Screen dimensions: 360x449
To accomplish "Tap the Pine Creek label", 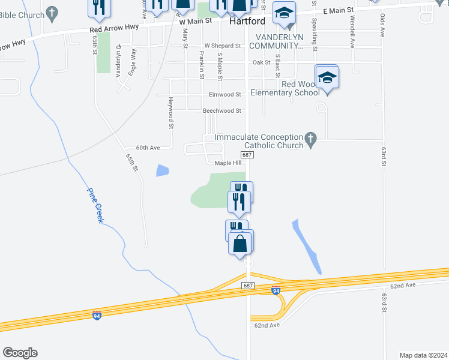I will [96, 206].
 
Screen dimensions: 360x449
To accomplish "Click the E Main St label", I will [339, 11].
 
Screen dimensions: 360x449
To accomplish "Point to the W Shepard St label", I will [222, 46].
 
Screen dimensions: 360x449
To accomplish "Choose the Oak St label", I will [262, 62].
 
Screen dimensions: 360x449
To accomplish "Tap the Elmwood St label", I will [225, 95].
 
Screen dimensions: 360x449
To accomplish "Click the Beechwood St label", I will [222, 111].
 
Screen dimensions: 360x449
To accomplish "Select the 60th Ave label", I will [148, 148].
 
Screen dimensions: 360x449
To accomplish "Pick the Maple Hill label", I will [228, 163].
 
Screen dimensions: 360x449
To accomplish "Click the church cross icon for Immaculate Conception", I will [310, 140].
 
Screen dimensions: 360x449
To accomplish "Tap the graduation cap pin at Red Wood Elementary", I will [327, 79].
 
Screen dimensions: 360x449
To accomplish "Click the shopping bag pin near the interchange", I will [241, 244].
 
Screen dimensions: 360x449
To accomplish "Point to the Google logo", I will [20, 353].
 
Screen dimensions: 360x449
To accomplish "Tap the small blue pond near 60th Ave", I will [162, 170].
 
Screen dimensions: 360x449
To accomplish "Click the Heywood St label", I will [171, 113].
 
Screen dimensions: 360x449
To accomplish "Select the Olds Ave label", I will [382, 22].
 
